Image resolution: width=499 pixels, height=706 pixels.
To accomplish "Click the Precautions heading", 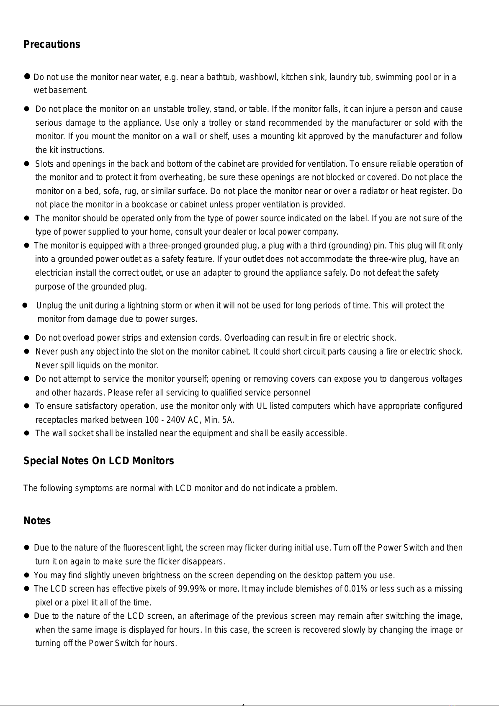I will (52, 44).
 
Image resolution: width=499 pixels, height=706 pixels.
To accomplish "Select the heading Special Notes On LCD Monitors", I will (98, 461).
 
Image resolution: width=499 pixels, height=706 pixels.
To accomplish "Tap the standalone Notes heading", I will (37, 521).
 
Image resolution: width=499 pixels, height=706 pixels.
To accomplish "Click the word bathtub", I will (220, 77).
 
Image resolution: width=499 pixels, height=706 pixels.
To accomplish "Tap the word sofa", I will (111, 191).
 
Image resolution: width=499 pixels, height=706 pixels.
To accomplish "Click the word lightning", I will (146, 305).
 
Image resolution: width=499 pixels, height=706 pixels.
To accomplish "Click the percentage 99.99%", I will (192, 589).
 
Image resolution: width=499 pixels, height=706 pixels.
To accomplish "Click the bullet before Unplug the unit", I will (25, 305).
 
